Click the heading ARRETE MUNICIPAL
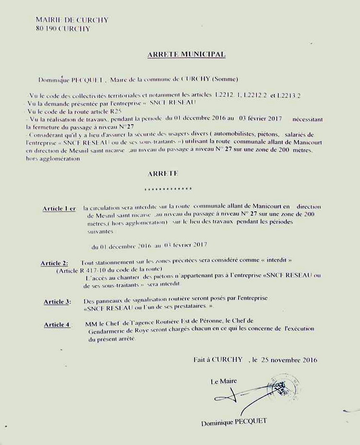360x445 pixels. tap(186, 55)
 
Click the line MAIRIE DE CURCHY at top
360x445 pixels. tap(72, 20)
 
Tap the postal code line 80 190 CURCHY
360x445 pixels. tap(62, 29)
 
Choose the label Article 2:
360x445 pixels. tap(54, 264)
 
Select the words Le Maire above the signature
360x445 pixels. tap(224, 382)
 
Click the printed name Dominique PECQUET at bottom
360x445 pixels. tap(234, 422)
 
